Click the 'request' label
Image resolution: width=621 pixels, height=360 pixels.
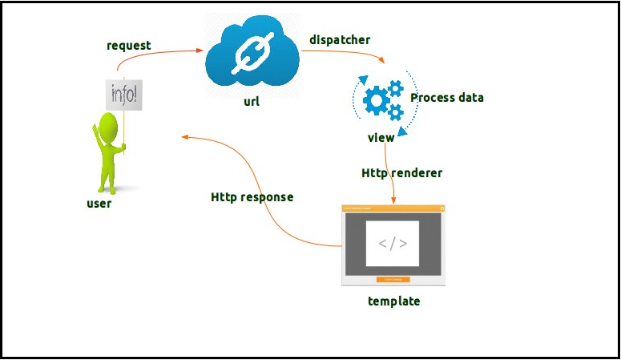coord(128,46)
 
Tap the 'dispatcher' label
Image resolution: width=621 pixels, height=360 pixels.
coord(339,39)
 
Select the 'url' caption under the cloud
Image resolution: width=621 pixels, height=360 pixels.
coord(252,103)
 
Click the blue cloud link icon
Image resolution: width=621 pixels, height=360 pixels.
coord(252,54)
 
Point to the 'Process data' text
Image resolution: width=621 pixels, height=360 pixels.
coord(446,98)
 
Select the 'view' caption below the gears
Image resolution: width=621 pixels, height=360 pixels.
coord(381,138)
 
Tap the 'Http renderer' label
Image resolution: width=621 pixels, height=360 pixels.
coord(401,172)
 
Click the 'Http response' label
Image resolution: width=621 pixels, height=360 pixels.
coord(252,196)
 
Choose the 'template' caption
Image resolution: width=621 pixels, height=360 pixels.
coord(393,301)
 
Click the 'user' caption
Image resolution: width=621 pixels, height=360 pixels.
coord(99,204)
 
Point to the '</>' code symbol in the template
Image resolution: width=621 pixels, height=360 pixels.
coord(393,244)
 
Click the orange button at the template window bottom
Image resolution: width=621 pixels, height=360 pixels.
coord(393,280)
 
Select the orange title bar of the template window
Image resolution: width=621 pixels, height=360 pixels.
coord(393,208)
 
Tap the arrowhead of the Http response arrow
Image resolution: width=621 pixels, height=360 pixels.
coord(185,137)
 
